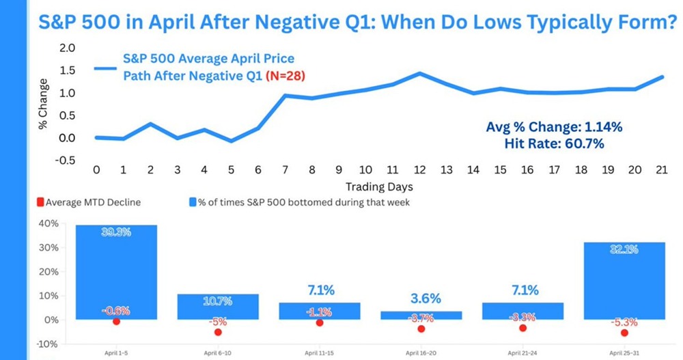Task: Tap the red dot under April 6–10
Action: (218, 332)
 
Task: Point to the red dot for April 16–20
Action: (421, 329)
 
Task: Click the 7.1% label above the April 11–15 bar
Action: (319, 291)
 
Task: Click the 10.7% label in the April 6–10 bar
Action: (219, 301)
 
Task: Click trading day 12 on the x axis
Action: (419, 169)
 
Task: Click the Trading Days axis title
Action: (379, 186)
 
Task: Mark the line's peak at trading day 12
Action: (419, 73)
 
